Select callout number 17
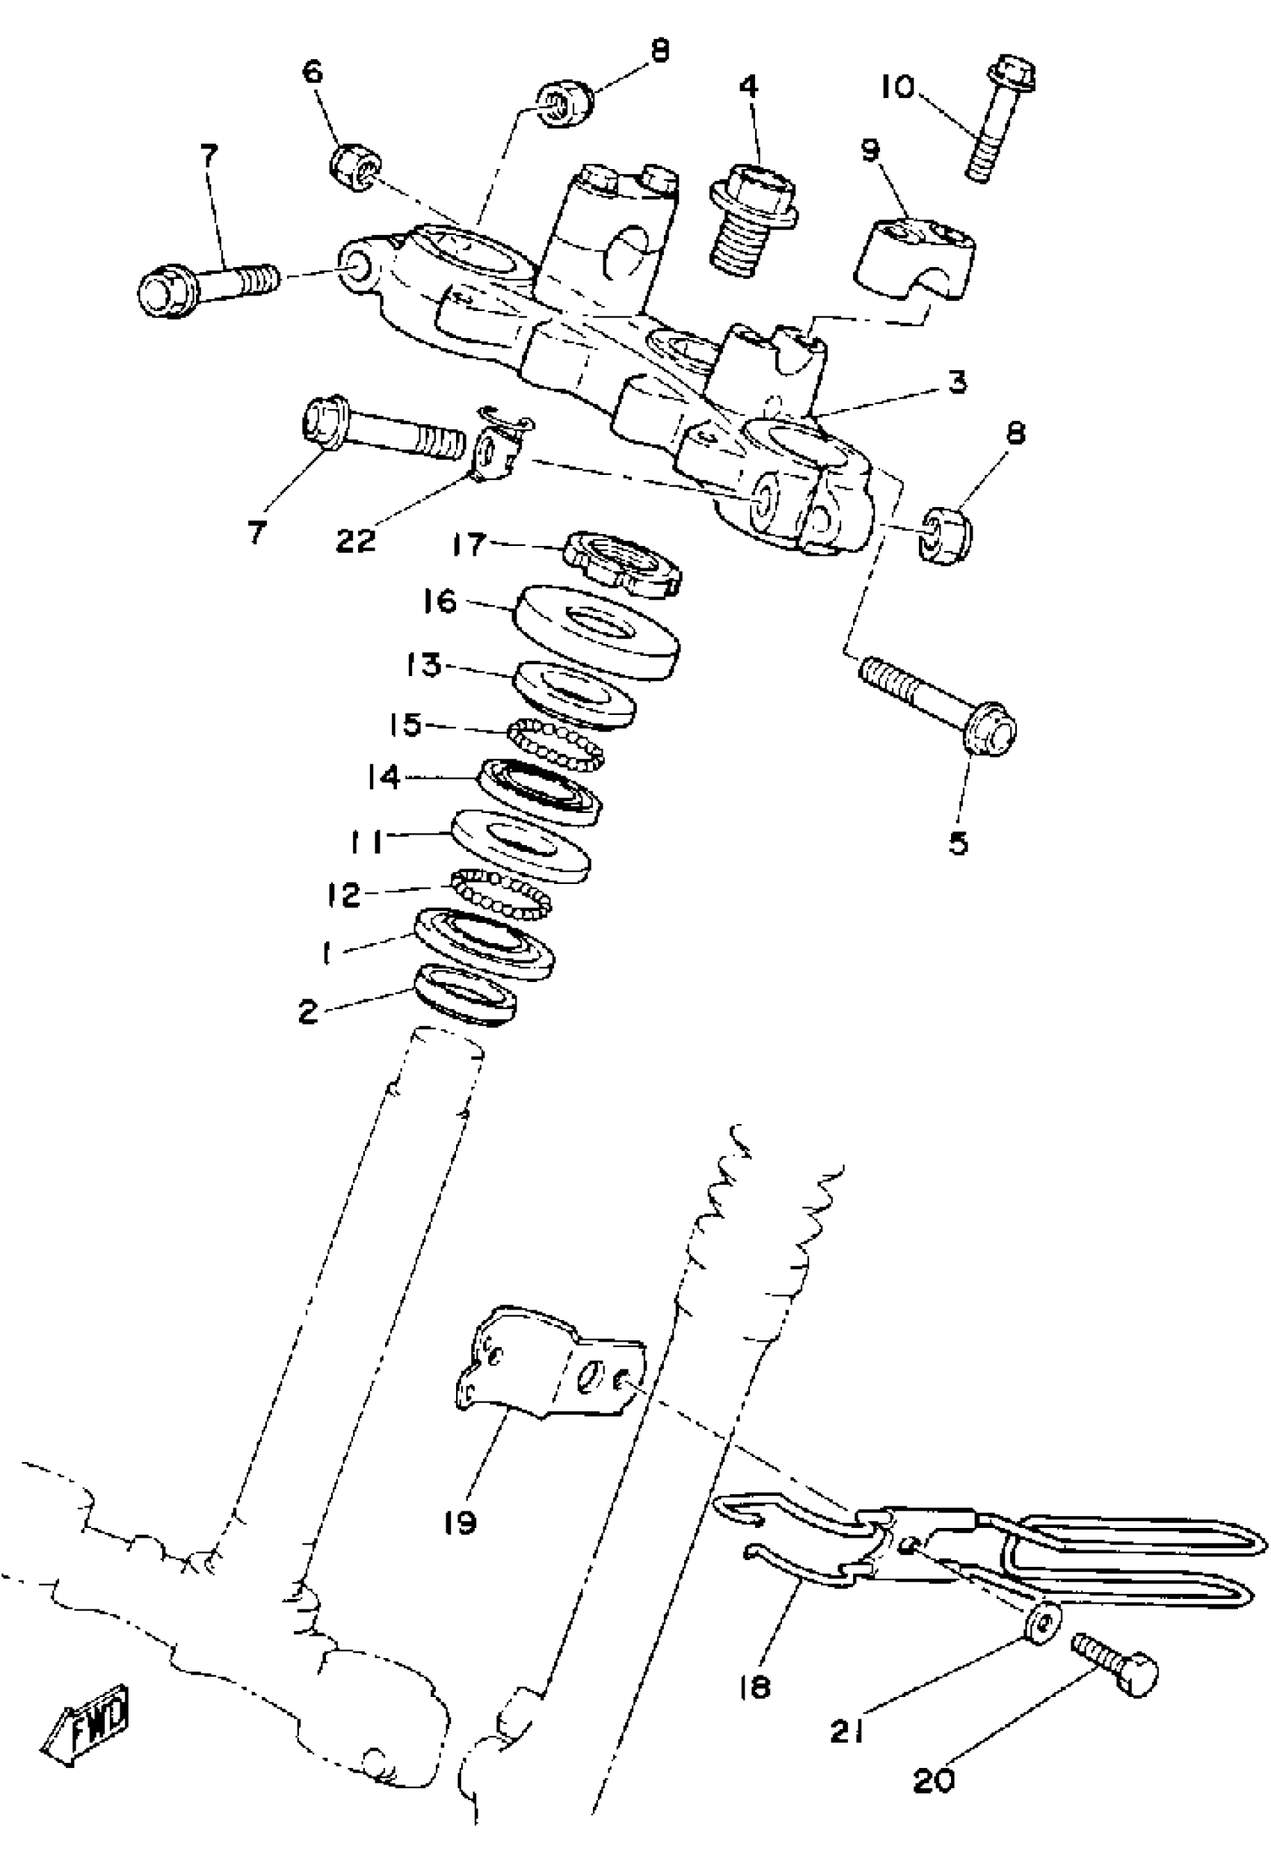(469, 544)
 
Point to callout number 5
(958, 843)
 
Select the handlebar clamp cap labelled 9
(913, 259)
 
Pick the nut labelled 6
(355, 168)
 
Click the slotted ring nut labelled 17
(622, 565)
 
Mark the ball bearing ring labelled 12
(500, 894)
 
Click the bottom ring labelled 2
(466, 995)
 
